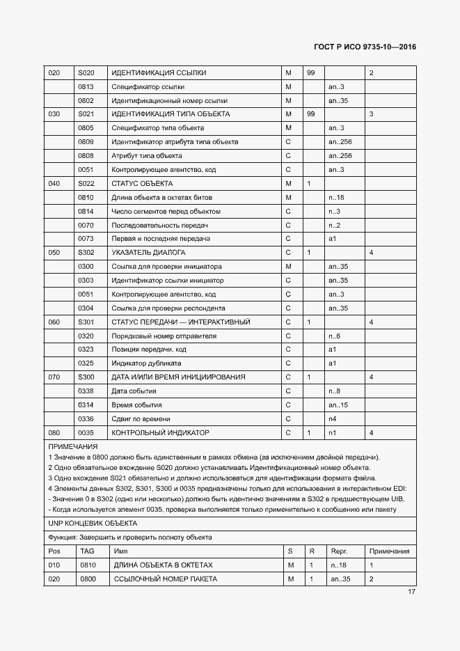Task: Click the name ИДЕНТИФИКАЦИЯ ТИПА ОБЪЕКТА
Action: click(x=170, y=114)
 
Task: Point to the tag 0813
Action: click(x=86, y=87)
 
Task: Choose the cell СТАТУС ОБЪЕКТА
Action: click(x=142, y=183)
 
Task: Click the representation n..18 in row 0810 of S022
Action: click(x=336, y=197)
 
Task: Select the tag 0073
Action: click(x=86, y=239)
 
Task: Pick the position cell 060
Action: click(x=54, y=322)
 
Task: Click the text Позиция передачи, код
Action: click(x=149, y=350)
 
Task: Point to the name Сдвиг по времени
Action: click(x=141, y=418)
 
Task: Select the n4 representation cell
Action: click(x=333, y=418)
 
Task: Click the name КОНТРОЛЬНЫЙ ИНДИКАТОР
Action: click(x=160, y=432)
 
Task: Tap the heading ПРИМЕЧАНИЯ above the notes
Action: click(x=72, y=446)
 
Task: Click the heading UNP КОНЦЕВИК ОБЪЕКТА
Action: click(x=92, y=523)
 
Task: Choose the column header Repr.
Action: click(x=338, y=551)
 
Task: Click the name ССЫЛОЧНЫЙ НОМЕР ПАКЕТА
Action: click(x=166, y=579)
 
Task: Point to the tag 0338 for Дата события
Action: click(x=86, y=391)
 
